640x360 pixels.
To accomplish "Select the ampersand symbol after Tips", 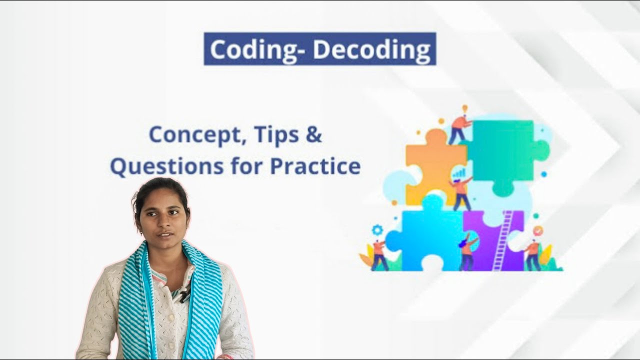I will [x=313, y=134].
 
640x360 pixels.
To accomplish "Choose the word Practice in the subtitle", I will [x=315, y=166].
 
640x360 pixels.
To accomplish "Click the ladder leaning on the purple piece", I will [x=502, y=240].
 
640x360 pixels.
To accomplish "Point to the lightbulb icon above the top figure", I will [x=464, y=108].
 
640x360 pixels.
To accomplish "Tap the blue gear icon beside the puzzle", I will [x=377, y=229].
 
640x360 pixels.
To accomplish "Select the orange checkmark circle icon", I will [x=538, y=230].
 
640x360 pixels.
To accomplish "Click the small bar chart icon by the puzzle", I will [x=458, y=173].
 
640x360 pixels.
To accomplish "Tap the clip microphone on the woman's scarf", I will [x=184, y=295].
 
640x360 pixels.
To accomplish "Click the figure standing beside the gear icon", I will [x=379, y=255].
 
